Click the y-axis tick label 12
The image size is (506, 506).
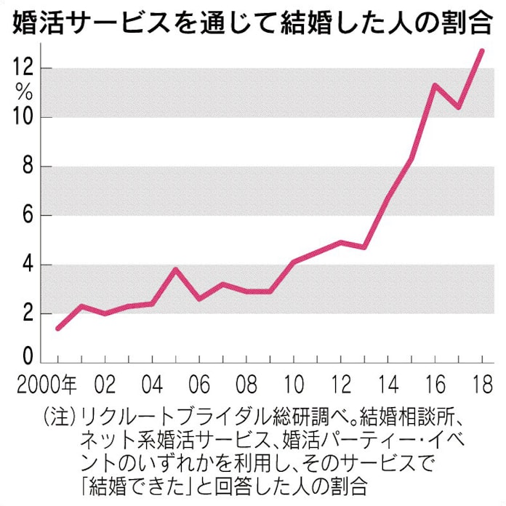tap(23, 68)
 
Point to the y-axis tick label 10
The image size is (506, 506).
tap(23, 116)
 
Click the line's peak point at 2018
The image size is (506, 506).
tap(481, 50)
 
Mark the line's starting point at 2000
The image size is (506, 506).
tap(58, 329)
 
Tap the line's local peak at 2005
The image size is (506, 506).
tap(175, 269)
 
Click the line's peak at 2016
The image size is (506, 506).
tap(434, 85)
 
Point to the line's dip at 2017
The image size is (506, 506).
tap(458, 107)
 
